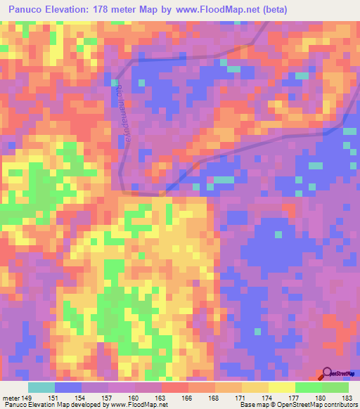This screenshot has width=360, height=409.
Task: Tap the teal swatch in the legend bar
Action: (41, 387)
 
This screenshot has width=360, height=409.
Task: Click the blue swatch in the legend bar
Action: (68, 387)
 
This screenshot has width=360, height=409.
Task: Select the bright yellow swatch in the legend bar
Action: (281, 387)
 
